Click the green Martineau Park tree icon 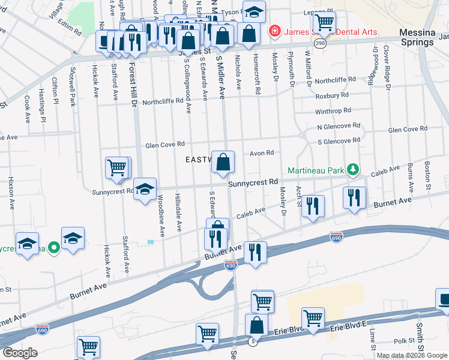354,170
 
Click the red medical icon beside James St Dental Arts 274,30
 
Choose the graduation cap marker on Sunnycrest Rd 145,189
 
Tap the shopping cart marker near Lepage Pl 324,22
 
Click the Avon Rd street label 262,153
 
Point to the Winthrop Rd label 333,112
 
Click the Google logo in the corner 19,353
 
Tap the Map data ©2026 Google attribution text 412,355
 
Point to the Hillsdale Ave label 178,212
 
